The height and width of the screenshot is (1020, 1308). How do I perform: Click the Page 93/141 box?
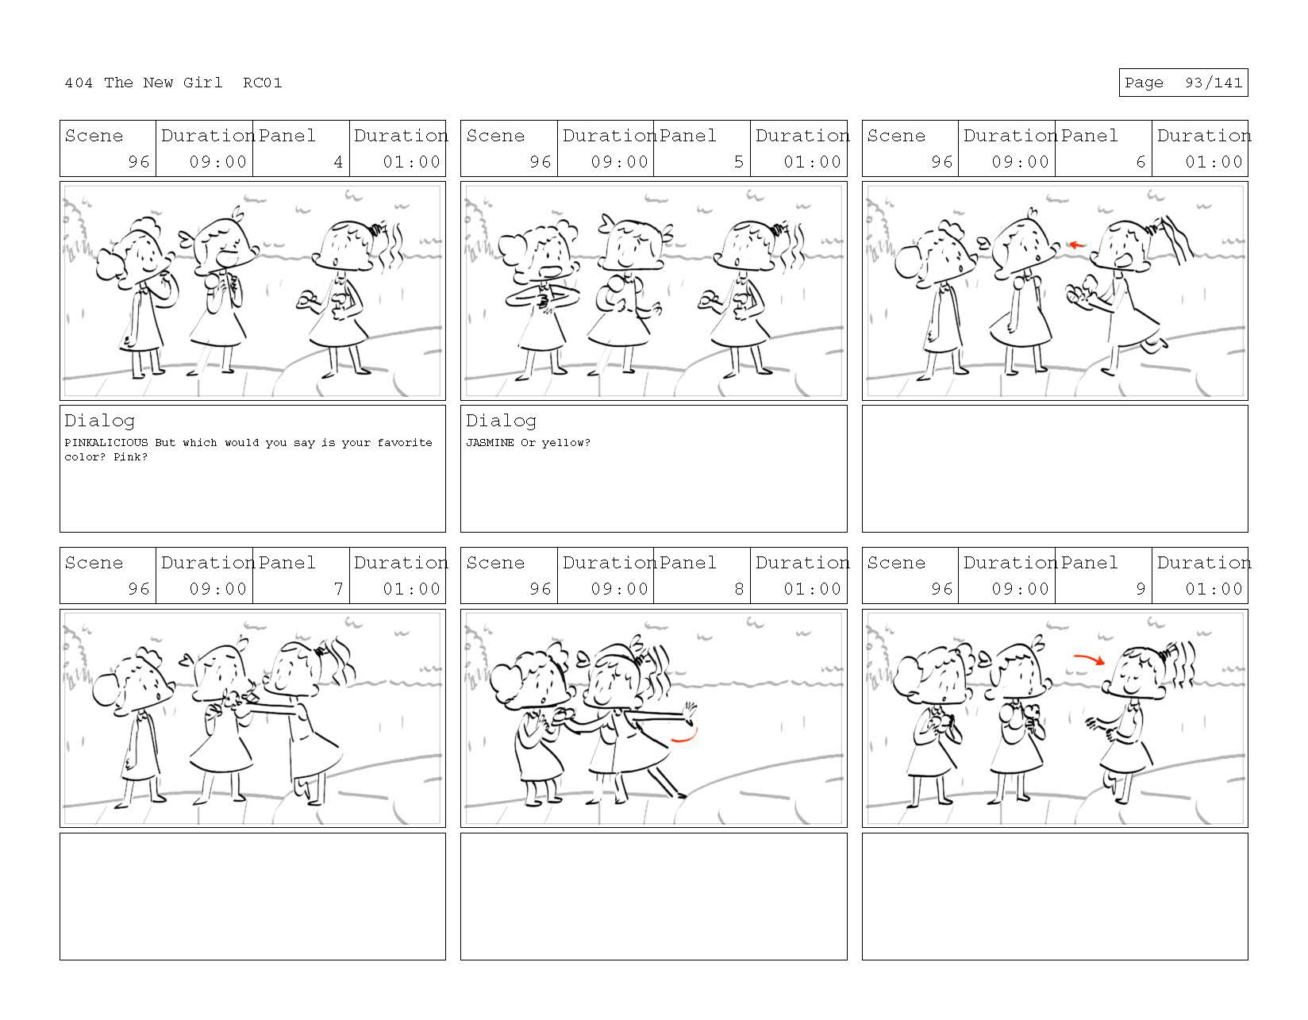(1183, 83)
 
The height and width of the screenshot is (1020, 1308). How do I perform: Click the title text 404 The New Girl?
(143, 83)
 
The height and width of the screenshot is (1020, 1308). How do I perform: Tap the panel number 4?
(338, 162)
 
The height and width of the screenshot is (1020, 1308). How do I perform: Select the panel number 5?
(739, 162)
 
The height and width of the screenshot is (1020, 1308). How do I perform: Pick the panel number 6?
(1140, 162)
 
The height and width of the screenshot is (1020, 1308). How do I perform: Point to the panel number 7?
(338, 588)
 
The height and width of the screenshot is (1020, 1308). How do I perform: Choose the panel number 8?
(739, 588)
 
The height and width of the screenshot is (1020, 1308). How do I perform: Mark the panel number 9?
(1140, 588)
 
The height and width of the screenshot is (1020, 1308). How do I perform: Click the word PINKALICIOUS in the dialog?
(106, 442)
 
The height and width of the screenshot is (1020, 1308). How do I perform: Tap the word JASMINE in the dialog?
(490, 442)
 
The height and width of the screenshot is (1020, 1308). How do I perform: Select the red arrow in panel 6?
(1076, 244)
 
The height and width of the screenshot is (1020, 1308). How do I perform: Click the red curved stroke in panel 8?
(687, 737)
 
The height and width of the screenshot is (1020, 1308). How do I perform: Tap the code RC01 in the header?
(263, 83)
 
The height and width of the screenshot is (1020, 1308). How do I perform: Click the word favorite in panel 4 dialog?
(405, 442)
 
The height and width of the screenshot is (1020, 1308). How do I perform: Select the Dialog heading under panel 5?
(501, 421)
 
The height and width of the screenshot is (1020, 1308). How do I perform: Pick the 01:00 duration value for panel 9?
(1214, 588)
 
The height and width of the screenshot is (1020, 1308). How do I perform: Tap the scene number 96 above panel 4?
(138, 162)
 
